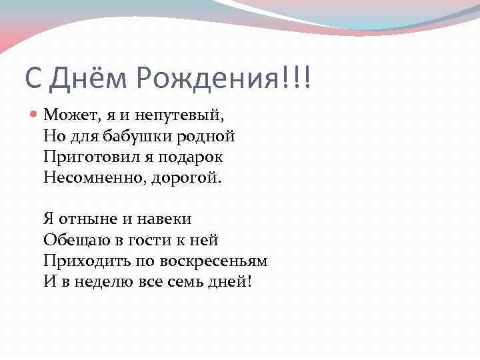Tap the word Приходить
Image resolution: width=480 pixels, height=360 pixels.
(82, 261)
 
